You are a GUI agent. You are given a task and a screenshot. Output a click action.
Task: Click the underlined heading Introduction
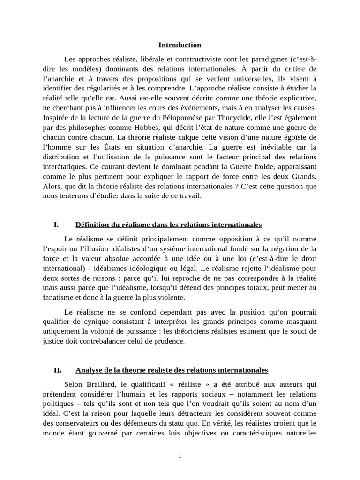(180, 45)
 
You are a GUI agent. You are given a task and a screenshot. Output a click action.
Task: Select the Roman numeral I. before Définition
(56, 225)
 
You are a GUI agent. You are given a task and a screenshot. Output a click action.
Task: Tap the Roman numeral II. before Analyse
(58, 370)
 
